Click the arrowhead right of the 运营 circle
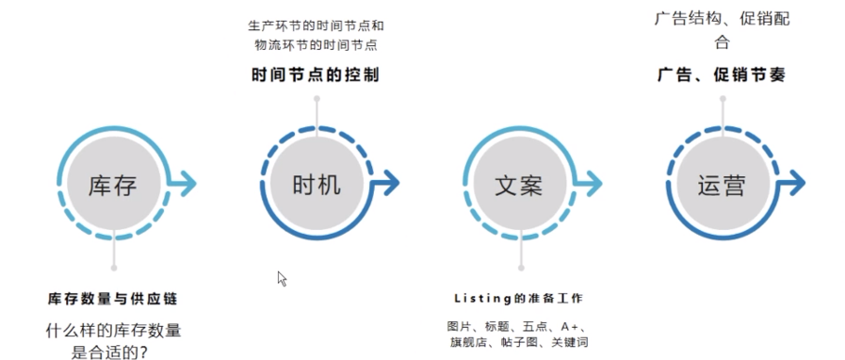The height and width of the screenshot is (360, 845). (x=797, y=182)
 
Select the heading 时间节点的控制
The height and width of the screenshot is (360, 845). (x=316, y=75)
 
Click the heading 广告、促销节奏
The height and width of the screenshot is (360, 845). (x=722, y=75)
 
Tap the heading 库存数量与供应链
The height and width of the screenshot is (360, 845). (x=113, y=299)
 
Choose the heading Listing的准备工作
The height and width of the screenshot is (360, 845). (x=518, y=299)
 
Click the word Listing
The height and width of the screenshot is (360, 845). (x=483, y=299)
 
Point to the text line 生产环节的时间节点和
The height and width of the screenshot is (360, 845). (x=316, y=25)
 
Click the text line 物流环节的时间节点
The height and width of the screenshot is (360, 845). (x=316, y=44)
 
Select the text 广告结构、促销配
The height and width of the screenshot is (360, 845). (x=722, y=18)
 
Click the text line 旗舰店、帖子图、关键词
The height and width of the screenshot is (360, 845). (x=518, y=342)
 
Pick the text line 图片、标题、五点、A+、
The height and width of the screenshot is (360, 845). (x=518, y=326)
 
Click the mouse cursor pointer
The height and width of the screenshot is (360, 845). (x=281, y=277)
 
